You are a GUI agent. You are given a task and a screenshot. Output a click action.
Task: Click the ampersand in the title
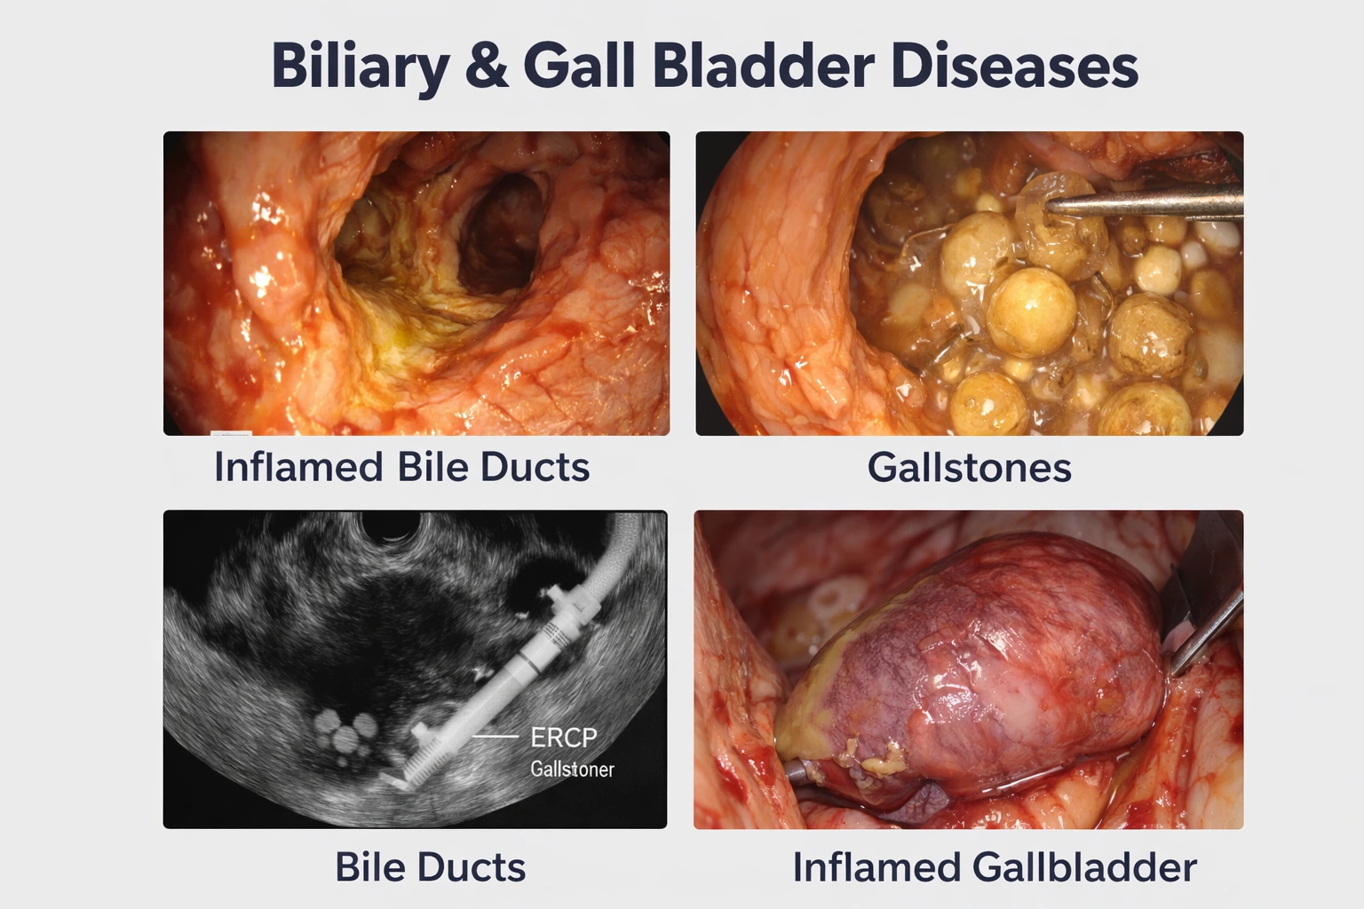click(x=487, y=66)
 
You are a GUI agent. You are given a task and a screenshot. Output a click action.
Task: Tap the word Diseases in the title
click(x=1014, y=66)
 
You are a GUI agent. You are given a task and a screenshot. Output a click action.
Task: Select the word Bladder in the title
click(x=764, y=66)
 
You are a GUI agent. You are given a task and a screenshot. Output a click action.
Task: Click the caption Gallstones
click(x=970, y=468)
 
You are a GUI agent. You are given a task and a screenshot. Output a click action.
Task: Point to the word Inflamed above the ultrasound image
click(x=298, y=467)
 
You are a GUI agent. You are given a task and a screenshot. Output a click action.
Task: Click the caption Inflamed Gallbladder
click(x=995, y=867)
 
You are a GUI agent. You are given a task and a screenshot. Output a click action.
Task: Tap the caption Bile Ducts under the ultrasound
click(x=430, y=867)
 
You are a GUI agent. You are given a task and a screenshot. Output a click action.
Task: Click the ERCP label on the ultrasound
click(x=564, y=738)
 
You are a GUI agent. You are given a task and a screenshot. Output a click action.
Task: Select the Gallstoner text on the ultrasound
click(x=573, y=769)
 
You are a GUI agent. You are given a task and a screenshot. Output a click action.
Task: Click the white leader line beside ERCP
click(x=496, y=737)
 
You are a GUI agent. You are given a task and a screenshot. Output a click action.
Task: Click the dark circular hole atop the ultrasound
click(x=391, y=526)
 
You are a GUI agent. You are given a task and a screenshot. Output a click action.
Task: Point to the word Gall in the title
click(x=579, y=66)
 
